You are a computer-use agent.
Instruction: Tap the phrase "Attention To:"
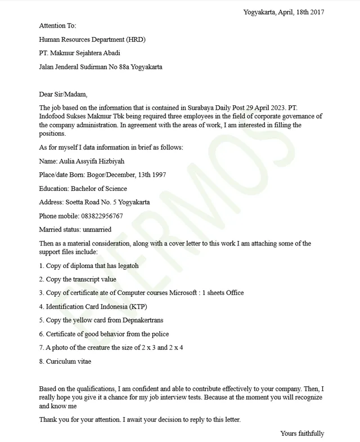(x=57, y=26)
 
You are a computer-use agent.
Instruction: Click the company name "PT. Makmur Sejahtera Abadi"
(x=79, y=53)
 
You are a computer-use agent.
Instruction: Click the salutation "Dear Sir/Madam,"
(x=63, y=95)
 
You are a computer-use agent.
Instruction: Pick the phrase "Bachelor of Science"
(x=99, y=189)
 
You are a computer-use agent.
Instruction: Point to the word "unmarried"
(x=97, y=230)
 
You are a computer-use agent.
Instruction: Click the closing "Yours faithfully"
(x=302, y=434)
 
